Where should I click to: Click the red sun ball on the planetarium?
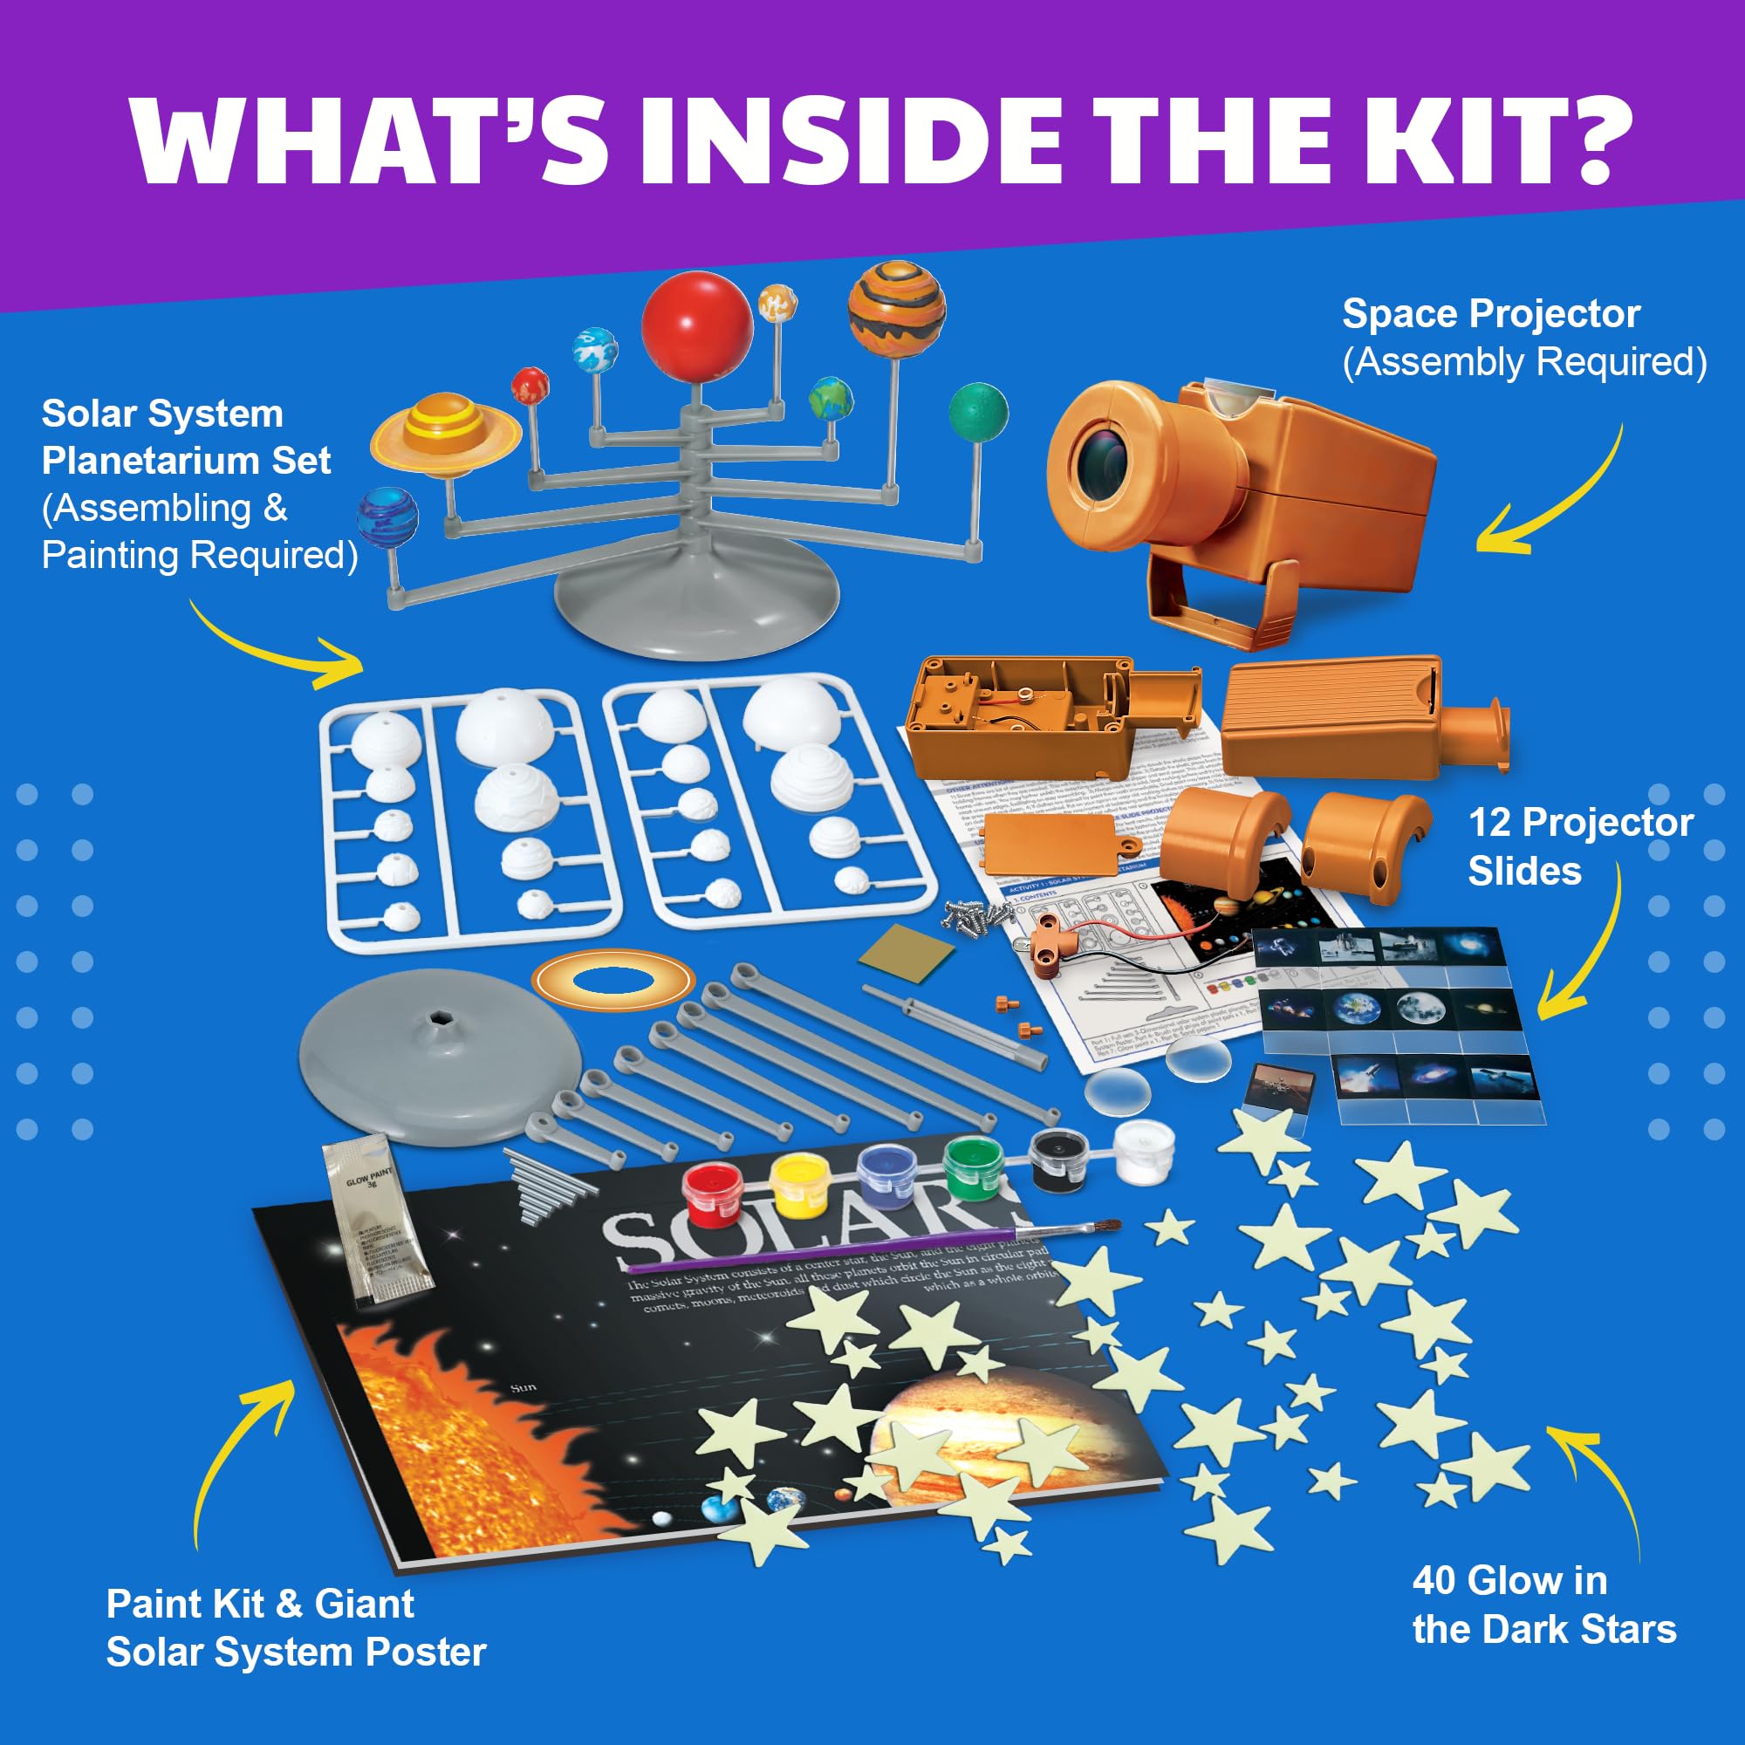[696, 326]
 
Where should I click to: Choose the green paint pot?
[974, 1168]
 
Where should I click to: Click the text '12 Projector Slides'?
[1579, 846]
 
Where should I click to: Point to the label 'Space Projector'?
[1490, 314]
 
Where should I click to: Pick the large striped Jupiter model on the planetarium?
[896, 311]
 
